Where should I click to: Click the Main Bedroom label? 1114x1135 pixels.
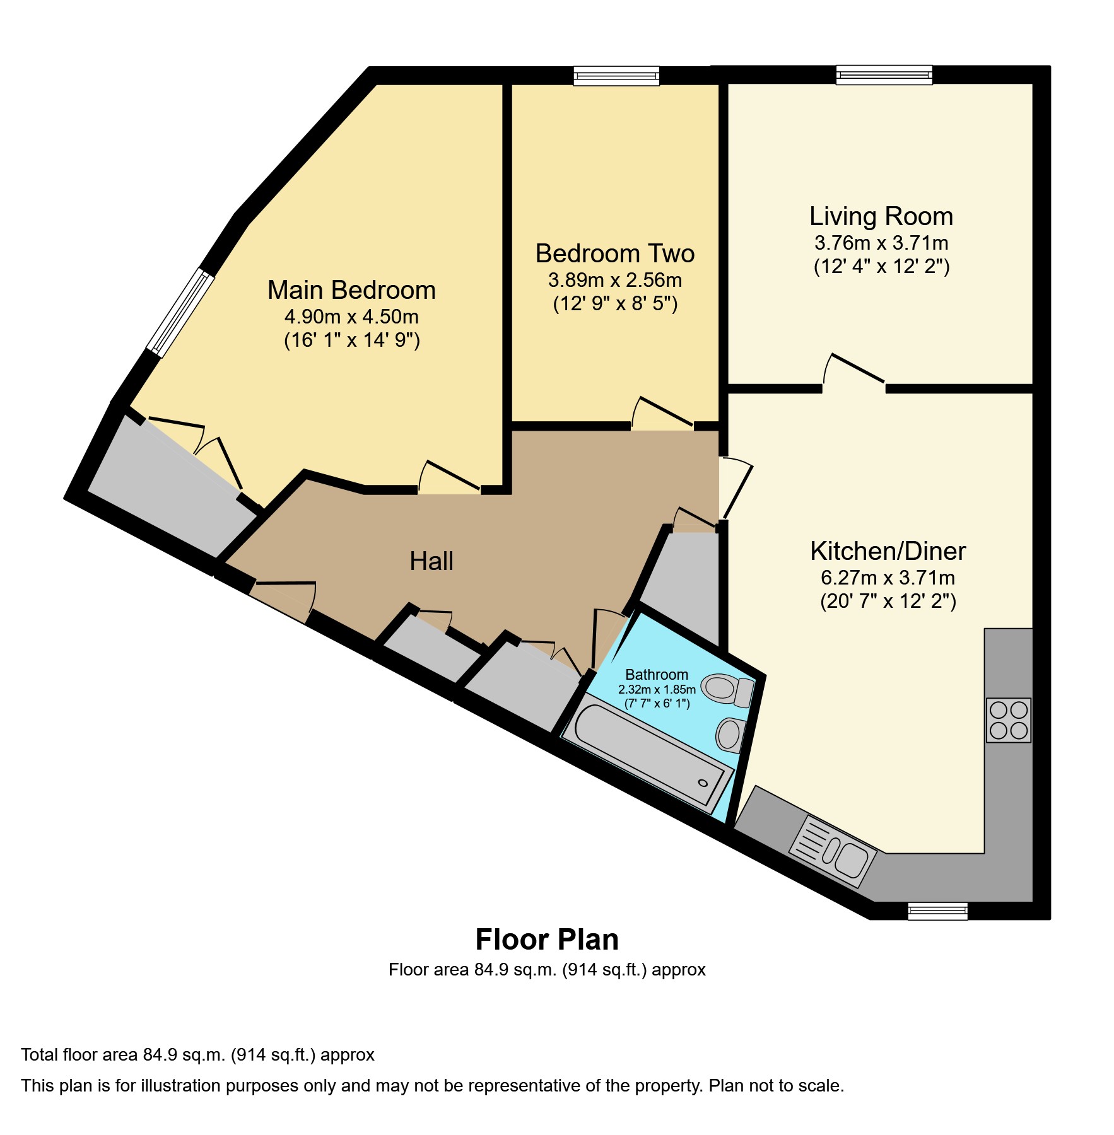click(x=351, y=291)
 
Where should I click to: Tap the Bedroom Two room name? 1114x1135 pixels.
click(x=614, y=254)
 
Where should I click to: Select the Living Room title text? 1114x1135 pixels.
click(x=881, y=217)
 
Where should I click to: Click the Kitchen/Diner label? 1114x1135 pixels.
click(x=888, y=552)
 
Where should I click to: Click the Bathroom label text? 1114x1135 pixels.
click(x=656, y=675)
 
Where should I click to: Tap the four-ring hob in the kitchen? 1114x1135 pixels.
click(x=1008, y=719)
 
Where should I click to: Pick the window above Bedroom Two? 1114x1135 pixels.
click(x=616, y=76)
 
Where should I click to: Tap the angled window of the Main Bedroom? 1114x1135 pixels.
click(x=180, y=313)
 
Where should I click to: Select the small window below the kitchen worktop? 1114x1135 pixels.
click(x=937, y=911)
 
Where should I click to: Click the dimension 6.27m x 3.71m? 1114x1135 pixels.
click(x=888, y=578)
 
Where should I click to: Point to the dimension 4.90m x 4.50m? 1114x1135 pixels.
click(x=351, y=317)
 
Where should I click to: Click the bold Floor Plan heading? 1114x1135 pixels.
click(x=546, y=940)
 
